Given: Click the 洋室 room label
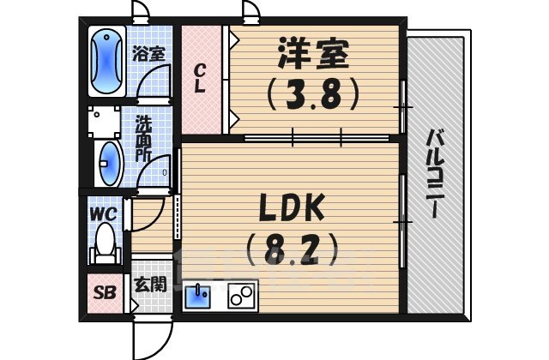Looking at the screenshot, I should pos(312,54).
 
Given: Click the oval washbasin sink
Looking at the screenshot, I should pos(110,160).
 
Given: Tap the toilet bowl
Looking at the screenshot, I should pos(106,240).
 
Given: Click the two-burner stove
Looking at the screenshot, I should pos(241,297).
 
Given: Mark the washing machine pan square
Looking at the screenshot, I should pos(106,122).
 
